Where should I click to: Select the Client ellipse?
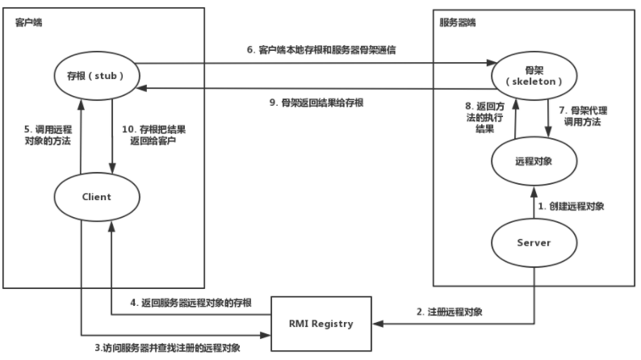tap(97, 196)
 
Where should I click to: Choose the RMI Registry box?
tap(321, 324)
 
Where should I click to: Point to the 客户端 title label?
tap(28, 22)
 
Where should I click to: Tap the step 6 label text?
tap(332, 49)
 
